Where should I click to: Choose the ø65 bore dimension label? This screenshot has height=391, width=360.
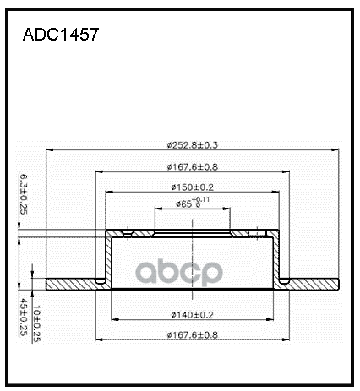pos(187,204)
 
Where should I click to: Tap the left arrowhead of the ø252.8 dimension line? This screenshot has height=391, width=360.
pos(50,152)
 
